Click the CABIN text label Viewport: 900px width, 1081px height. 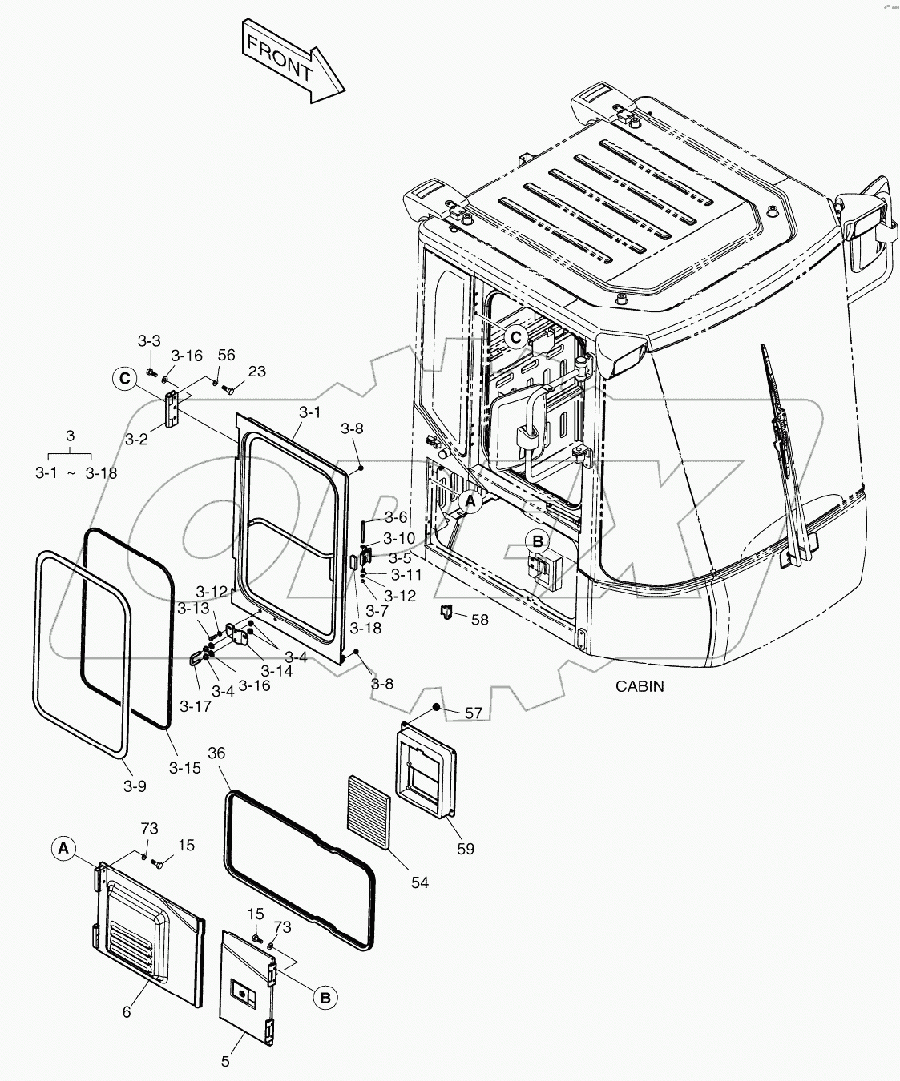pos(640,686)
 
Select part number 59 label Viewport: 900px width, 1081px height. pos(466,848)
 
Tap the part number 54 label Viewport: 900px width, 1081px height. pos(419,882)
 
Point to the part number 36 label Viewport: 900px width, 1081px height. pos(216,753)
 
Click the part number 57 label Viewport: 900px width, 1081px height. pos(474,713)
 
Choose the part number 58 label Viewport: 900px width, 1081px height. pos(479,620)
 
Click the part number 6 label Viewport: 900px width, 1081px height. pos(127,1012)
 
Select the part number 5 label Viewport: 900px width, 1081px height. pos(225,1061)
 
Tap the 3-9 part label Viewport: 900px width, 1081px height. pos(135,786)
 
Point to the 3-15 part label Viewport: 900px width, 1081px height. pos(184,767)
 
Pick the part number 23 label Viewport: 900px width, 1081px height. pos(256,372)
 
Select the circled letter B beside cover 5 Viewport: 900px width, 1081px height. pos(325,998)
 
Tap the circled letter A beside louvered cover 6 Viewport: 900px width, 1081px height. pos(65,846)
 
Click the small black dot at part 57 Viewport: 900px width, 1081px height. pos(435,707)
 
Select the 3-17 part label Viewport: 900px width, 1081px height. pos(195,705)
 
